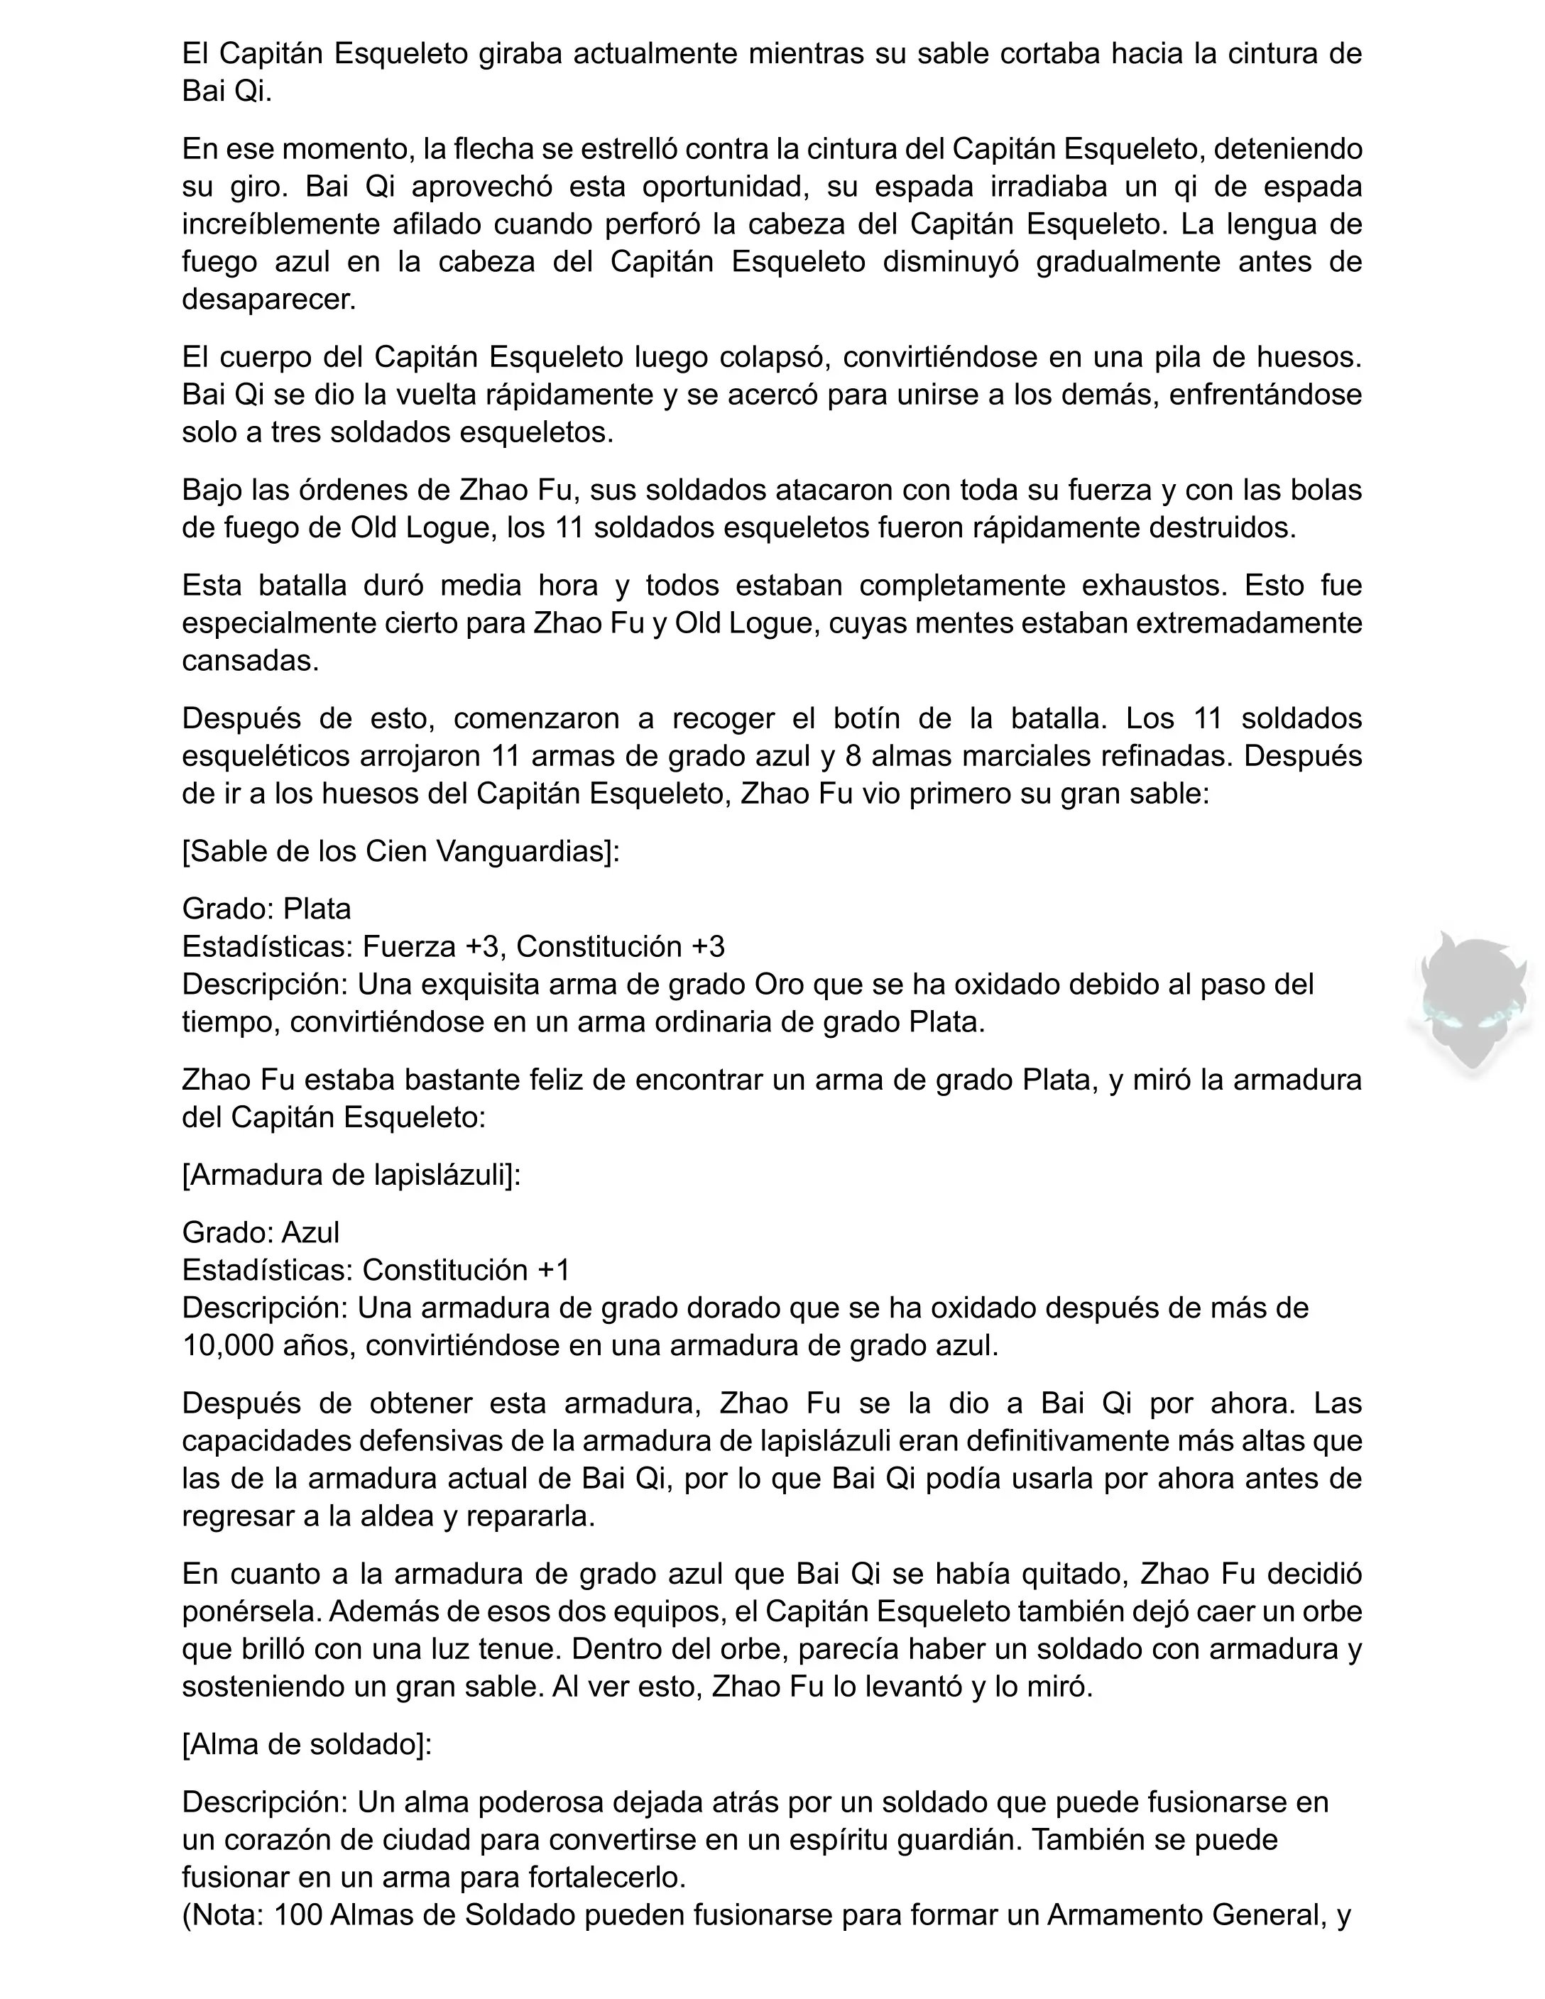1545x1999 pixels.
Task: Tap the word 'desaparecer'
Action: click(x=268, y=300)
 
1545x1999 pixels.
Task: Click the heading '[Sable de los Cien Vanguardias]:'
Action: click(x=401, y=851)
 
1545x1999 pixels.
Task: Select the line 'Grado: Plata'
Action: click(x=266, y=908)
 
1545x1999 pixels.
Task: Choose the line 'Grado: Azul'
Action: click(x=261, y=1232)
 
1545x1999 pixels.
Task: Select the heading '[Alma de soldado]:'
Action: click(x=307, y=1745)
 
